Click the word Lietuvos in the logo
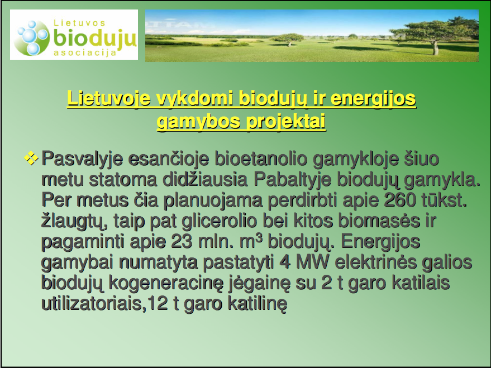[x=79, y=23]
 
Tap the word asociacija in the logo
[x=85, y=52]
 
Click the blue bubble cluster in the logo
[x=32, y=37]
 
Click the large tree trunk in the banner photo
[x=435, y=48]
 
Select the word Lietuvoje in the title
[x=109, y=99]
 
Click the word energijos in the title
[x=373, y=99]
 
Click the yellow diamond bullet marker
[x=31, y=157]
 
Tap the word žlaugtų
[x=75, y=222]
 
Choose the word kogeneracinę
[x=166, y=284]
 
